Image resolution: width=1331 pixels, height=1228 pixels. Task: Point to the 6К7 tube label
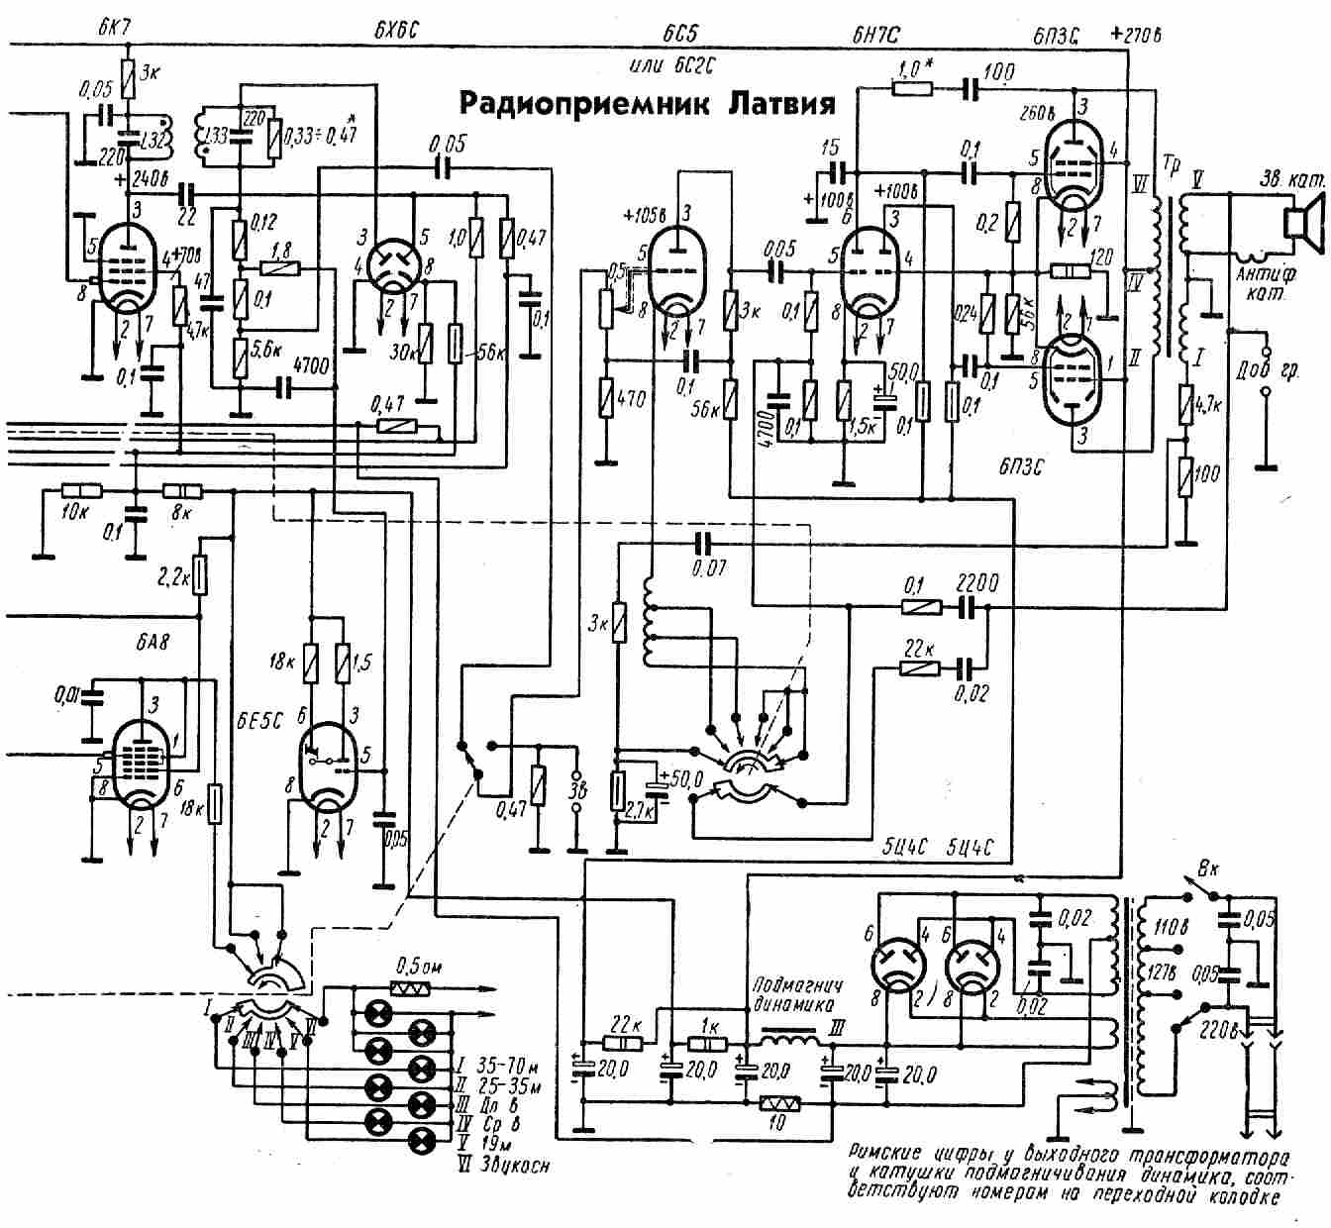tap(118, 29)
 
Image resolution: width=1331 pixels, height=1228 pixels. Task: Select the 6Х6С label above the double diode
tap(397, 29)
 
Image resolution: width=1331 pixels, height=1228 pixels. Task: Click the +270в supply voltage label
tap(1136, 34)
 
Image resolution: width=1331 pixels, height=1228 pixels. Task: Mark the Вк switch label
tap(1209, 870)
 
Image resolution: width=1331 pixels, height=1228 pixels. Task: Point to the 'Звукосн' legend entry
tap(513, 1166)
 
